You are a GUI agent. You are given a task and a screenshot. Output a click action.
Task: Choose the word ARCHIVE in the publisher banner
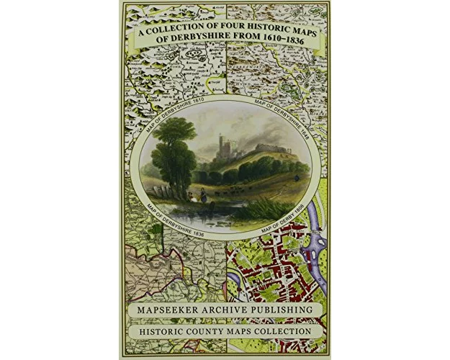pyautogui.click(x=226, y=310)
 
